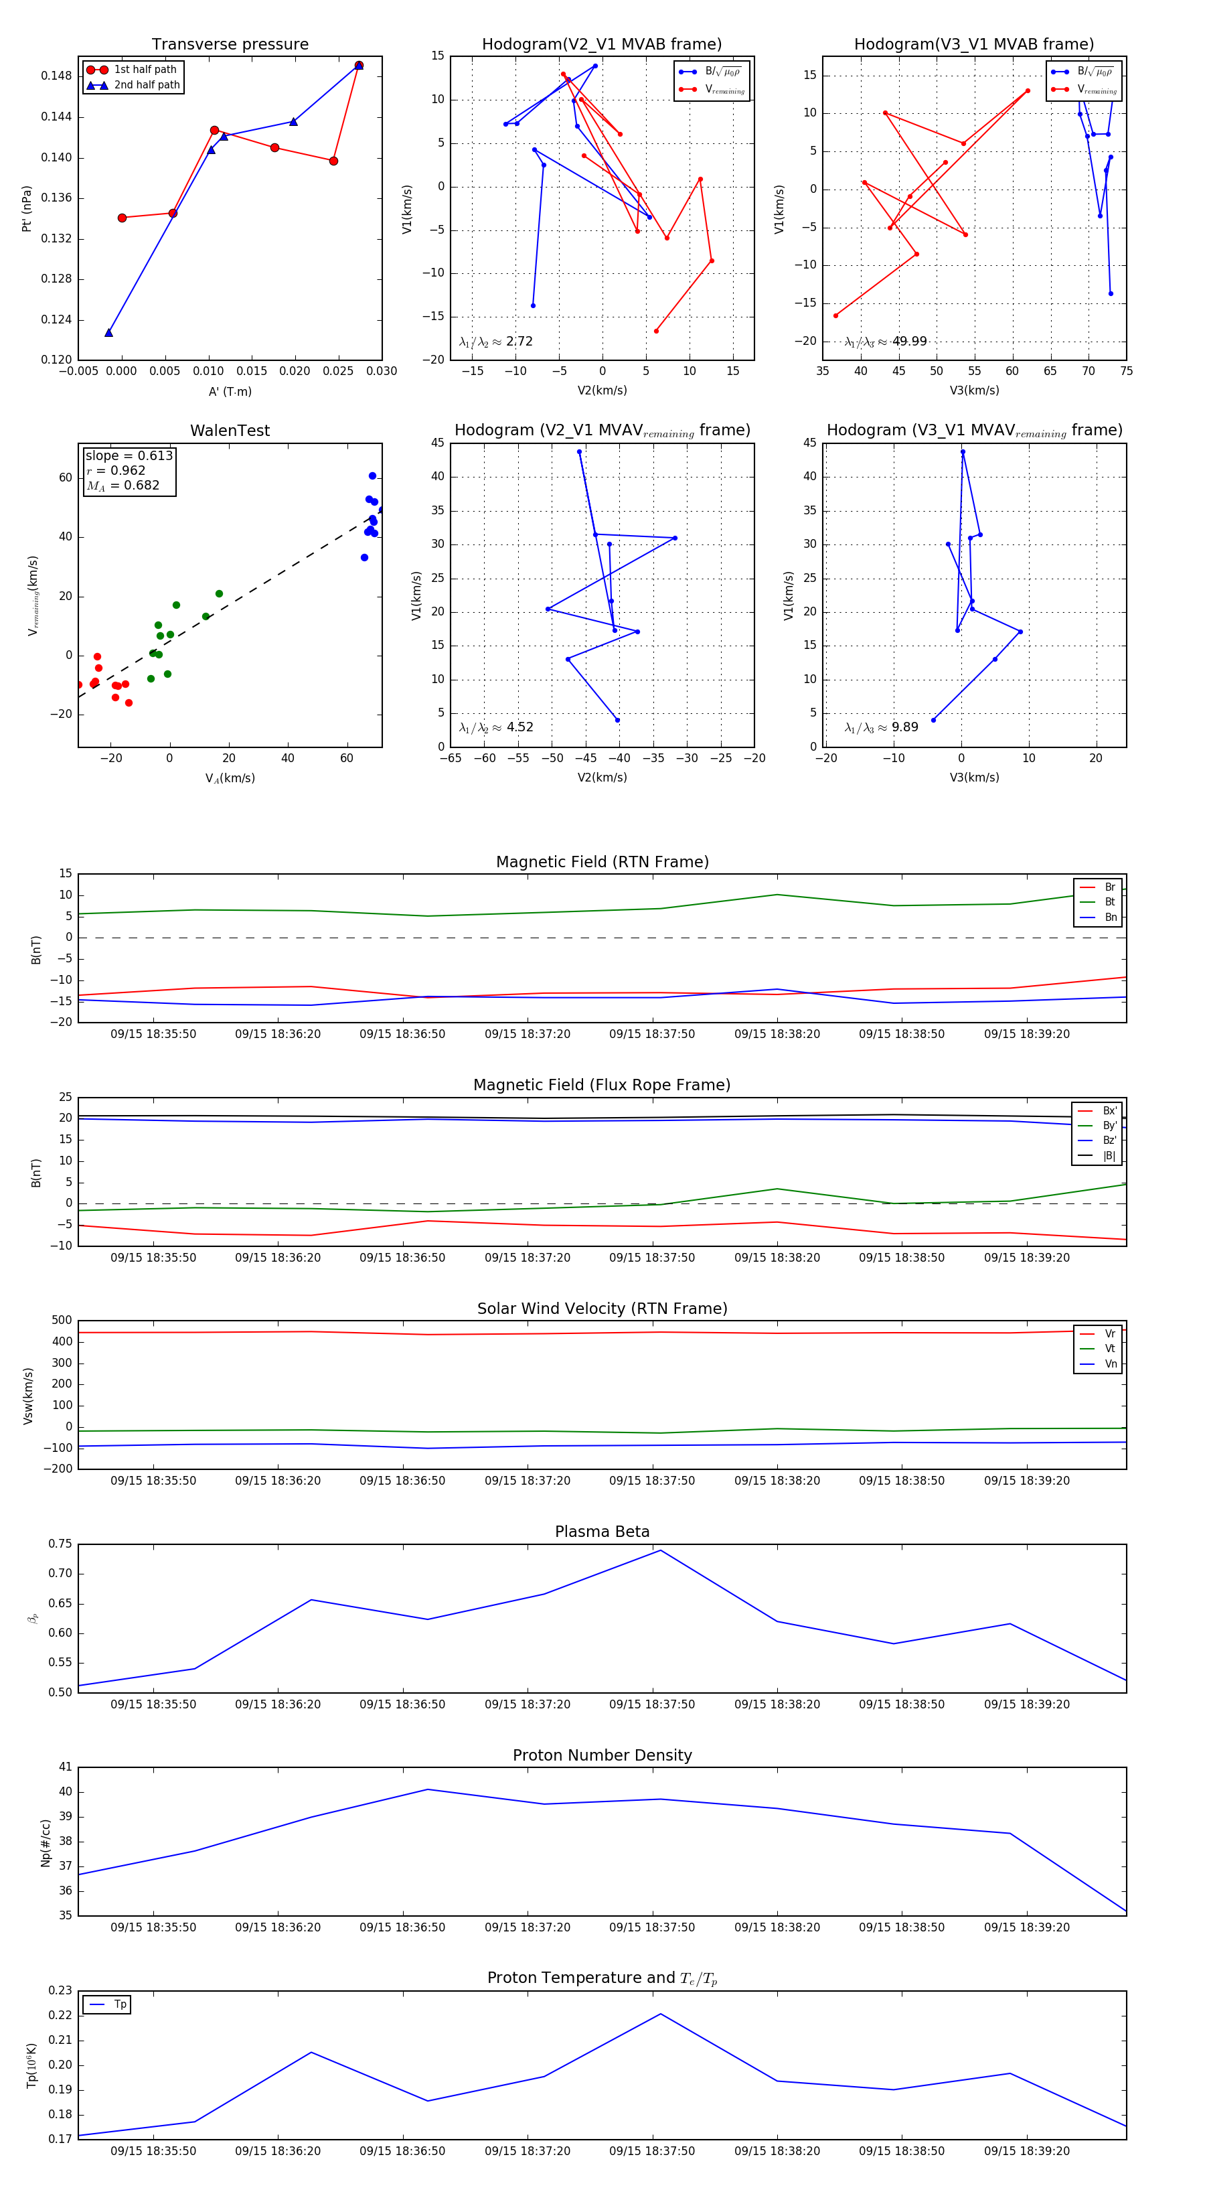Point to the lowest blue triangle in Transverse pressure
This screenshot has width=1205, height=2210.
109,332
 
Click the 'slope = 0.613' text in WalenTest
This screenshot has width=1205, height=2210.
129,455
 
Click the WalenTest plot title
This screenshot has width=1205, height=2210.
230,431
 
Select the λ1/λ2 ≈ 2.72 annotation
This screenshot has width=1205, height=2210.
495,342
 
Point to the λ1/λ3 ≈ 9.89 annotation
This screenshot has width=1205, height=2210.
881,727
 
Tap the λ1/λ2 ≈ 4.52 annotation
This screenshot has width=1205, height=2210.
495,727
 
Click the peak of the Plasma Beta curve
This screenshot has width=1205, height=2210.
659,1550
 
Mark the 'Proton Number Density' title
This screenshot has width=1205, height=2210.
602,1755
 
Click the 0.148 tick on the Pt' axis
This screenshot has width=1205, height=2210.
57,76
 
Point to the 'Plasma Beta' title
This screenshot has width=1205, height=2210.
602,1532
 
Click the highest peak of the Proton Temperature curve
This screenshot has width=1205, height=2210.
659,2014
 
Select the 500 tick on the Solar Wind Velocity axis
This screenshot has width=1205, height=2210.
62,1321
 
